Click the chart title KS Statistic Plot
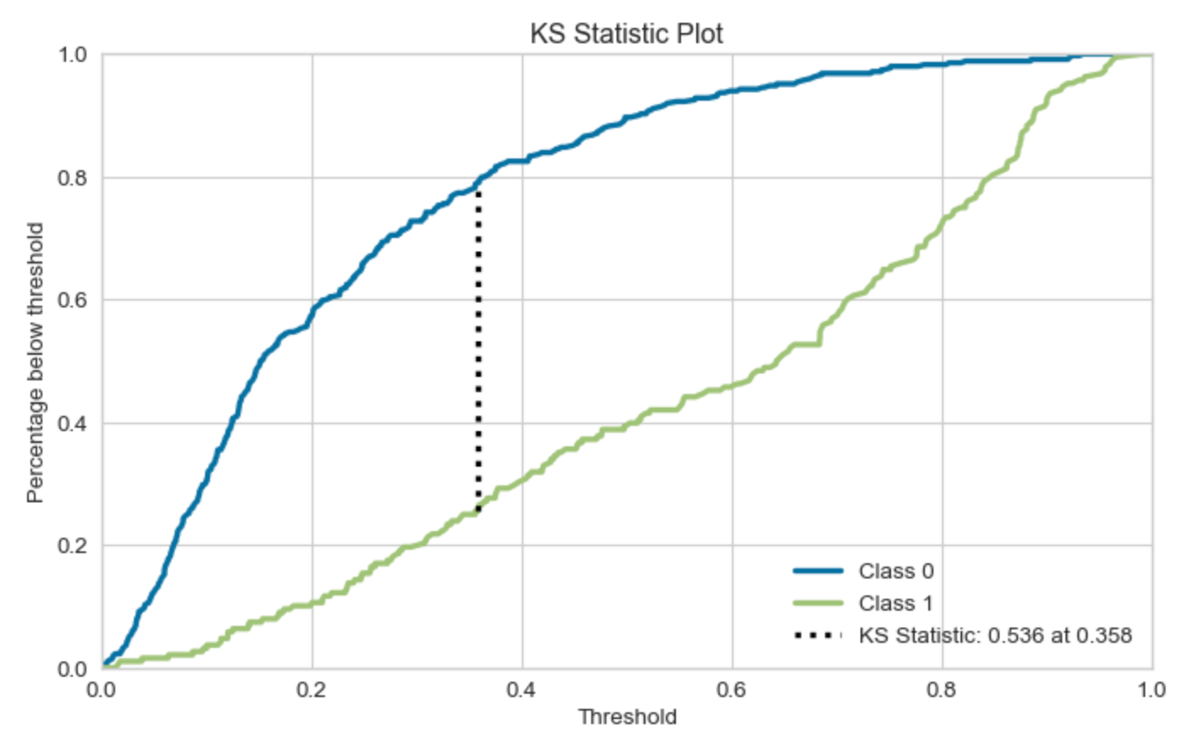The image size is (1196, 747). pos(626,34)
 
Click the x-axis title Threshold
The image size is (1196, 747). pos(627,717)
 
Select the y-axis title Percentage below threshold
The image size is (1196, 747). pos(35,362)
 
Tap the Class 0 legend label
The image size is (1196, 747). pos(895,572)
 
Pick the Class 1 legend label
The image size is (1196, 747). pos(895,603)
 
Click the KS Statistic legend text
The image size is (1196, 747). pos(994,635)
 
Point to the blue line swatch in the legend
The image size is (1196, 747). pos(818,572)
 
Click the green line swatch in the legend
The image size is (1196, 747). pos(818,603)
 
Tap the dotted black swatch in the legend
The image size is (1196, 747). pos(818,635)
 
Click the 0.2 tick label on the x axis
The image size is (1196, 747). pos(311,690)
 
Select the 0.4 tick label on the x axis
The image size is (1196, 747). pos(521,690)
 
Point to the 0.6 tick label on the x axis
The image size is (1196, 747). pos(731,690)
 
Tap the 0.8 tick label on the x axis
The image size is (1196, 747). pos(941,690)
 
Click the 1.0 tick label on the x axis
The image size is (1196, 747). pos(1151,690)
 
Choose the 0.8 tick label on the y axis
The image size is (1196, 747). pos(72,178)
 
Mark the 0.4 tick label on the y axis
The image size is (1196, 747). pos(72,423)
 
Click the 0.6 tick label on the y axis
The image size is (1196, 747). pos(72,301)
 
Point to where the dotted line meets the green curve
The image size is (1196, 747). pos(479,512)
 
